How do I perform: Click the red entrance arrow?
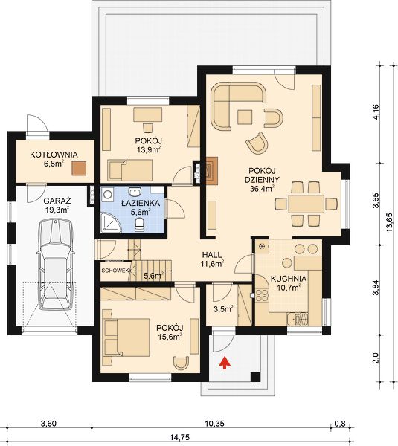pos(225,363)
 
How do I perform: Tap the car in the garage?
pos(56,265)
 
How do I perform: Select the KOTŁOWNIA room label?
pos(54,155)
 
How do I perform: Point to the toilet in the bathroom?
pos(140,225)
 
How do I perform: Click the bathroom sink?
pos(135,192)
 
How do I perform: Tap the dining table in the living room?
pos(306,204)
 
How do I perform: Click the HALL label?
pos(212,254)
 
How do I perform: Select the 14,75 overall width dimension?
pos(180,437)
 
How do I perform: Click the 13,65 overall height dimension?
pos(389,223)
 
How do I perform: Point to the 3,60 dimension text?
pos(48,424)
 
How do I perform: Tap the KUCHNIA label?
pos(288,279)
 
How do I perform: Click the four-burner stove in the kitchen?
pos(262,295)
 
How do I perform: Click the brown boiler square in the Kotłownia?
pos(79,169)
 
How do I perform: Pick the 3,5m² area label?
pos(223,309)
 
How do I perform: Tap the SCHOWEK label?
pos(115,271)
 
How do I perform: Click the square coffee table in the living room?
pos(245,117)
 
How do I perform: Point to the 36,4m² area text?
pos(262,188)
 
